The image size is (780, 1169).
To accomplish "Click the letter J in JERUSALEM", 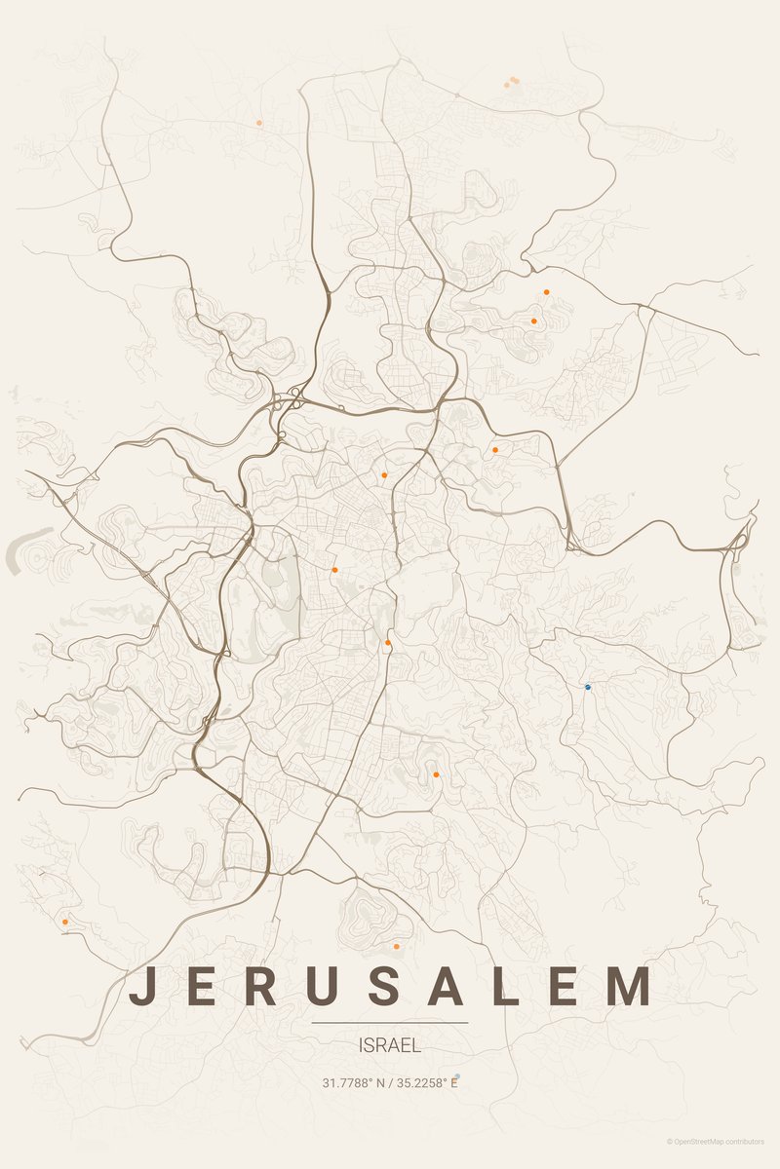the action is click(x=141, y=986).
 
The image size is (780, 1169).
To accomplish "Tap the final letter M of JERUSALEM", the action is click(x=629, y=986).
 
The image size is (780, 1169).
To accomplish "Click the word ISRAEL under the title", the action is click(x=390, y=1046).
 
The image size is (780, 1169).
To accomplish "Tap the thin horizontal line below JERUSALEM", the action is click(x=390, y=1023).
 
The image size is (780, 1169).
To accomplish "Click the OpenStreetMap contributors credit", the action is click(x=721, y=1141).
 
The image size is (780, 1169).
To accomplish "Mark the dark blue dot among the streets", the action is click(x=588, y=687).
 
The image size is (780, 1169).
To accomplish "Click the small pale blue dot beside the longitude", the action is click(x=457, y=1076).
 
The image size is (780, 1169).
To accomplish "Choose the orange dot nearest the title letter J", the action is click(x=65, y=921).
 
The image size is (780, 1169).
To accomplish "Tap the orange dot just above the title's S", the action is click(x=396, y=946).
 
